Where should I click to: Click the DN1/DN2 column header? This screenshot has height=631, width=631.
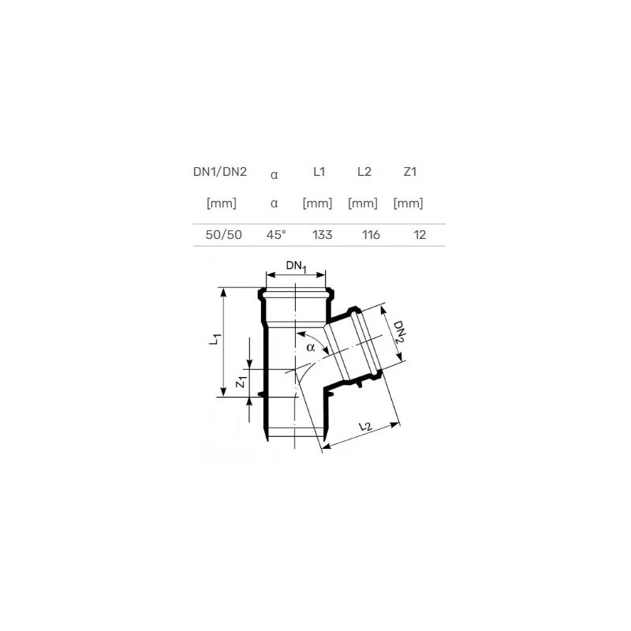click(x=220, y=172)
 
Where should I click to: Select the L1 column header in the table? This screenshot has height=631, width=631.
click(x=319, y=172)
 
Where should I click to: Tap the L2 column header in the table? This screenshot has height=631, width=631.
click(x=364, y=172)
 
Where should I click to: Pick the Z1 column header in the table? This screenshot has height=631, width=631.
click(x=409, y=172)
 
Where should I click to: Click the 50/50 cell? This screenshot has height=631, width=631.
click(x=224, y=234)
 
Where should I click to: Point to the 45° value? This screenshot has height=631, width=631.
click(x=276, y=234)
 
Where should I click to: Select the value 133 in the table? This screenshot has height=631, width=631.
click(x=323, y=234)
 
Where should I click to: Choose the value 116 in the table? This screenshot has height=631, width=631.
click(x=371, y=234)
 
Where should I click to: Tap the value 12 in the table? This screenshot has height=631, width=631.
click(x=420, y=234)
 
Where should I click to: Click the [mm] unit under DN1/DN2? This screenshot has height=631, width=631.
click(x=222, y=203)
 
